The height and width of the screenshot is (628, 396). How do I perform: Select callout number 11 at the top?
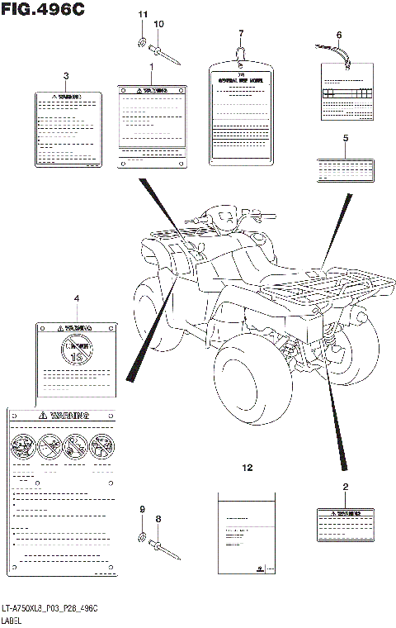[142, 15]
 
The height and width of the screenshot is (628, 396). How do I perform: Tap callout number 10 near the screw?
[159, 24]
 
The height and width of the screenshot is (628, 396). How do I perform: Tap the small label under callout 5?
[346, 170]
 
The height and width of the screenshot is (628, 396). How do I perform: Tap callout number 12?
[247, 468]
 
